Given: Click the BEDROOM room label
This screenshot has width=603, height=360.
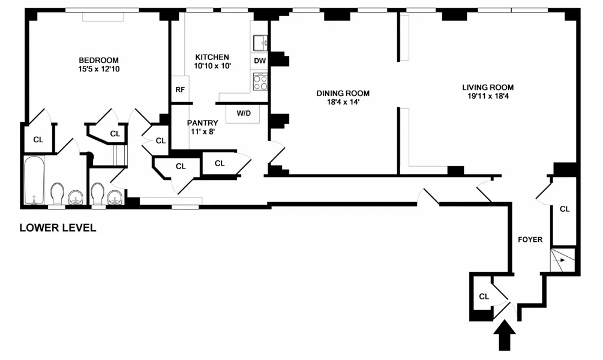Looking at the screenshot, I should (99, 60).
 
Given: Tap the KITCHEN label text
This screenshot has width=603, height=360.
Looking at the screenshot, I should (212, 57).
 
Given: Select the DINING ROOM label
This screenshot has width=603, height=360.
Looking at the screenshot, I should (343, 93).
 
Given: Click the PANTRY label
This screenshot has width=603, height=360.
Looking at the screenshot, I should (202, 123).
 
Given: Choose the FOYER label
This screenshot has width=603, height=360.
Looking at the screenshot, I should (530, 239).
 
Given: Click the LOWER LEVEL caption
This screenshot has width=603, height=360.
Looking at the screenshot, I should (58, 228).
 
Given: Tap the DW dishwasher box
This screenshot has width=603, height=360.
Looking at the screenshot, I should (260, 61).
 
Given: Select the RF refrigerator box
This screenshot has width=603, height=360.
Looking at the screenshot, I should (180, 90).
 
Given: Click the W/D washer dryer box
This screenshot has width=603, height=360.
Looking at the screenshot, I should (244, 113).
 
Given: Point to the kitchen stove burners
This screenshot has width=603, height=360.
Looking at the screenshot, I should (260, 82).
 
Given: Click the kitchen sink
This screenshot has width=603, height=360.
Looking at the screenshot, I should (260, 43).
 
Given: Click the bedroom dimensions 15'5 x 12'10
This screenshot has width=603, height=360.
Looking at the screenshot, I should (99, 69).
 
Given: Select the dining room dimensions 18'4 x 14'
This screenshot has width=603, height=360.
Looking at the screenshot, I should (343, 102).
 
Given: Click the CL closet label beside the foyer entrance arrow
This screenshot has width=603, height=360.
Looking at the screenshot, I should (484, 296).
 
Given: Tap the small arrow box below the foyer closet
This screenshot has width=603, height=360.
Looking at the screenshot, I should (563, 259).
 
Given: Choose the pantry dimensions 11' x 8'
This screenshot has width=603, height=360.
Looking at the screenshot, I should (202, 132).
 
